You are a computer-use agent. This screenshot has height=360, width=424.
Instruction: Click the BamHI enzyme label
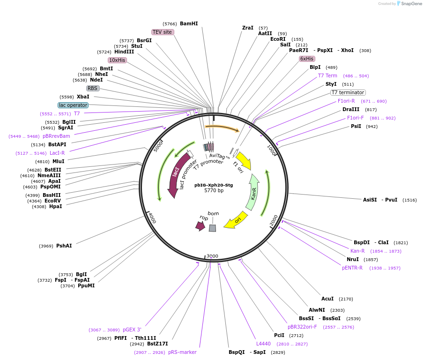coord(189,23)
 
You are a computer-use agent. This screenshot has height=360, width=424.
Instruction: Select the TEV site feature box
coord(163,32)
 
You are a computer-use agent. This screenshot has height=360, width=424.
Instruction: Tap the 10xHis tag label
coord(117,60)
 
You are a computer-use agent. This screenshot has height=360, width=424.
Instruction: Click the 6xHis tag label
coord(307,59)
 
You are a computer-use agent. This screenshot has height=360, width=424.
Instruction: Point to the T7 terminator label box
coord(348,92)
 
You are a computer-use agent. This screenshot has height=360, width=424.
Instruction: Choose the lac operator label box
coord(73,105)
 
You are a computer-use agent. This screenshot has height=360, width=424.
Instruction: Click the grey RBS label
coord(93,88)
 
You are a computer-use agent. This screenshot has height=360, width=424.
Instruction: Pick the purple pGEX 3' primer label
coord(132,330)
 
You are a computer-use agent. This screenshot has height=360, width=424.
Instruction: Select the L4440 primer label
coord(263,344)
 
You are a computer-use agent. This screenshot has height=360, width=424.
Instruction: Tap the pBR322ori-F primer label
coord(302,327)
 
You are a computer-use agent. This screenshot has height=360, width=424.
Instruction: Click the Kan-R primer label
coord(357,251)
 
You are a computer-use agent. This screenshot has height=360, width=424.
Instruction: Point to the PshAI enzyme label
coord(64,246)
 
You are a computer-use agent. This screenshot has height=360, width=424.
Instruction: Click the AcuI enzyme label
coord(327,299)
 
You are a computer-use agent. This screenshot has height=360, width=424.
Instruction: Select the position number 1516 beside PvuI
coord(409,200)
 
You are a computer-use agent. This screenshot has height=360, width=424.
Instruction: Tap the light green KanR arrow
coord(253,192)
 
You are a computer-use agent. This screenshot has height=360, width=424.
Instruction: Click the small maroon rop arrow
coord(201,226)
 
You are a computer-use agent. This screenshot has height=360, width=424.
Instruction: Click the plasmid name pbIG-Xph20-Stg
coord(214,185)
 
